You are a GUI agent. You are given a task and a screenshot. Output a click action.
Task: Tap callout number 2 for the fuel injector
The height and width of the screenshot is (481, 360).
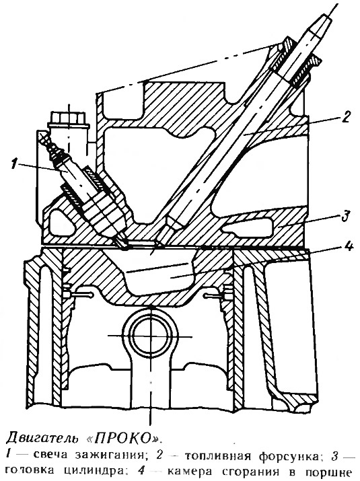click(x=345, y=117)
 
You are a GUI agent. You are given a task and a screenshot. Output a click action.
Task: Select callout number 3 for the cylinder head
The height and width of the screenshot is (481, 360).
click(x=346, y=215)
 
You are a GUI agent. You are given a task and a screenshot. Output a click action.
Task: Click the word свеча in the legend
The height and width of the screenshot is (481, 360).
click(x=50, y=455)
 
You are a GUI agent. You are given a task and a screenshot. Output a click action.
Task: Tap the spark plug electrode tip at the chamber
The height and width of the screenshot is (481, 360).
click(x=124, y=244)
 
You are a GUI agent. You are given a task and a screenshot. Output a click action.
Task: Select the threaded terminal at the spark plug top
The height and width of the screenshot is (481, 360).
click(x=50, y=145)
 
